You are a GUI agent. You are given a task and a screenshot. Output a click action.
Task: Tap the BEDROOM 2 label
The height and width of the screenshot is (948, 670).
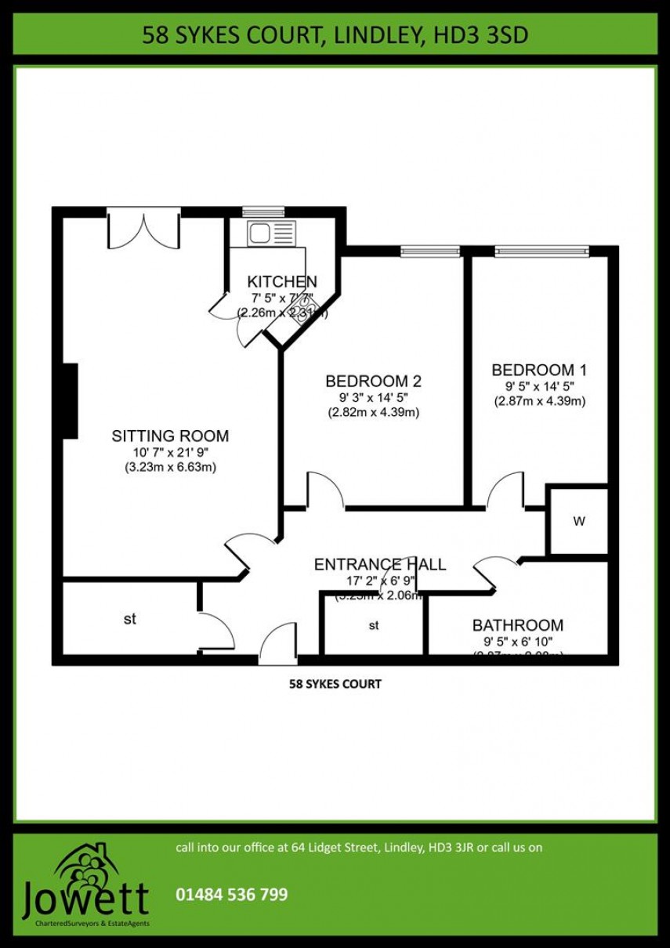(373, 382)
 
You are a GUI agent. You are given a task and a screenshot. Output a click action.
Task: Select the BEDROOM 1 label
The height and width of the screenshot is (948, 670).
(539, 370)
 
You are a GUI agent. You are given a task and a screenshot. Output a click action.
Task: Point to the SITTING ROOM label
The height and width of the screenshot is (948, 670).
(170, 436)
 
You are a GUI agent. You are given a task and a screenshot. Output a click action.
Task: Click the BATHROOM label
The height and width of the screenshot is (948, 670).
(517, 625)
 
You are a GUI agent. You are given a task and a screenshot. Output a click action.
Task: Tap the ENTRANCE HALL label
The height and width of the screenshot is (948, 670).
(380, 564)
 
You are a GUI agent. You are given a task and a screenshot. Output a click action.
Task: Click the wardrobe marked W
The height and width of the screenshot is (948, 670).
(578, 522)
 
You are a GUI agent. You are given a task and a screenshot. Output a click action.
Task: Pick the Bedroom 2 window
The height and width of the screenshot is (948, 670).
(422, 251)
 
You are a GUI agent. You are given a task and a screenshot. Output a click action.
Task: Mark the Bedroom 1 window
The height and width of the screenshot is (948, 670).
(541, 251)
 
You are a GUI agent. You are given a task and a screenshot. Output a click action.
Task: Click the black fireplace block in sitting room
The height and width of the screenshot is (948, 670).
(70, 401)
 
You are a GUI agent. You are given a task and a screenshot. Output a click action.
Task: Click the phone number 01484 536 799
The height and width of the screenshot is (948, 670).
(232, 894)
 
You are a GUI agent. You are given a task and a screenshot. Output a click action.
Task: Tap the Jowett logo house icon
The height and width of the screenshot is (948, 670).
(86, 862)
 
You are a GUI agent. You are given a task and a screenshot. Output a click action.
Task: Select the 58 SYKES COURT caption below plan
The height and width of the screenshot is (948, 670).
(335, 684)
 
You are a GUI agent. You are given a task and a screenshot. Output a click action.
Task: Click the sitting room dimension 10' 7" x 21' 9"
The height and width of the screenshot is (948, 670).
(170, 453)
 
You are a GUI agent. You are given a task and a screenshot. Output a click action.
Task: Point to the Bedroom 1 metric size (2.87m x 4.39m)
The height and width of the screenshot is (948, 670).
(539, 401)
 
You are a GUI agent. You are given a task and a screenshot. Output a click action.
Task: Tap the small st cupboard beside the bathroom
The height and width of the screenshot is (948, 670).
(374, 625)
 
